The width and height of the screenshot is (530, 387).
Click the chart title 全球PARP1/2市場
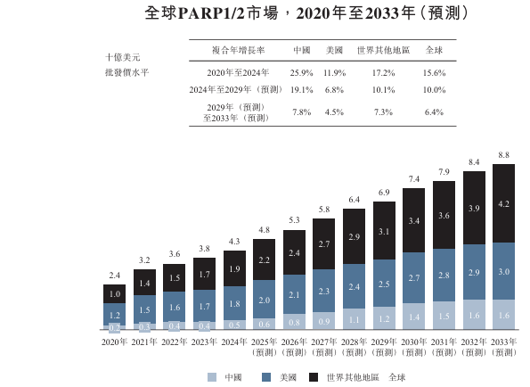211,14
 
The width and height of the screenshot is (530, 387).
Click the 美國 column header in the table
334,51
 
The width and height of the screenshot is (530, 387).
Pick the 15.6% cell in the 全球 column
434,72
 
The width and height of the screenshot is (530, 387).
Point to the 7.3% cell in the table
383,111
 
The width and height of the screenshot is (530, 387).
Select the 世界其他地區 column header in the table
383,51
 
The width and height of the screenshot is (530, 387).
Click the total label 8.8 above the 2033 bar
503,155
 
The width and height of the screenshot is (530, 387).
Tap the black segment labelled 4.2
503,204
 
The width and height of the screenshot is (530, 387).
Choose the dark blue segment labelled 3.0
503,272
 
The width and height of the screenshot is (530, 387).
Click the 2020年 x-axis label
115,342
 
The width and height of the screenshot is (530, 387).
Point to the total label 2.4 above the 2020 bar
115,276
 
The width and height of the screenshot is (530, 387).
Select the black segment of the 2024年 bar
233,268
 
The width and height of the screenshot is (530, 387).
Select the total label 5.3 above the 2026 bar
294,220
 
